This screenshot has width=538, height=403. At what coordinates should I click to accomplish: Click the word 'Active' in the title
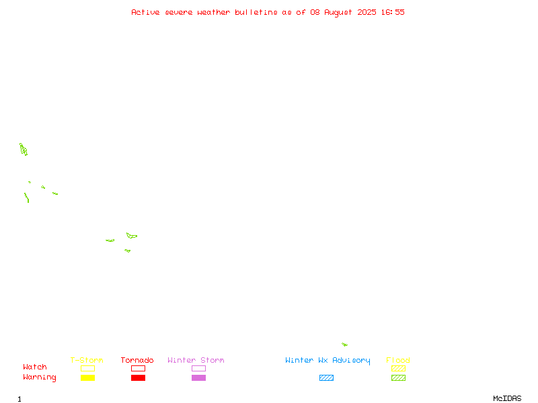(x=145, y=12)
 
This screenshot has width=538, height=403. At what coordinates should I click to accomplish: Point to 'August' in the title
(x=338, y=13)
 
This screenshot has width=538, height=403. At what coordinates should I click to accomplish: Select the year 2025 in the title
(x=367, y=12)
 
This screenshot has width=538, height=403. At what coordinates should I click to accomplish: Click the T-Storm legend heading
(x=87, y=360)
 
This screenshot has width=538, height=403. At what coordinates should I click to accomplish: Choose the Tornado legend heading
(x=137, y=360)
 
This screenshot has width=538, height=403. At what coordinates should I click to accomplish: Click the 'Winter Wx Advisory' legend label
(x=328, y=361)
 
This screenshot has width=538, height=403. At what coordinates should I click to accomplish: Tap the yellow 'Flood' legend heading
(x=398, y=360)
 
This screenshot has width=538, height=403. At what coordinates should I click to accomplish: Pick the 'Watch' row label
(x=35, y=367)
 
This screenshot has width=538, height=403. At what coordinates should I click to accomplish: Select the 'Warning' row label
(x=40, y=377)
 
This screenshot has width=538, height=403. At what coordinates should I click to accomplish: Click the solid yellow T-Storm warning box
(x=88, y=377)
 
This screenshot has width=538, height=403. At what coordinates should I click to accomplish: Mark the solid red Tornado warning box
(x=139, y=377)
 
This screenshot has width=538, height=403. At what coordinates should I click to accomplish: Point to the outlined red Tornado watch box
(x=139, y=365)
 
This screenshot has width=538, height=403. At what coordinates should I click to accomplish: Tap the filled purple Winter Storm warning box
(x=198, y=377)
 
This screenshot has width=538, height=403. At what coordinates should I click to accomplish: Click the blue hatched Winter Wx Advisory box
(x=326, y=377)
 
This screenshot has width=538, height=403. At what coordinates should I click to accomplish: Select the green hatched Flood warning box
(x=398, y=377)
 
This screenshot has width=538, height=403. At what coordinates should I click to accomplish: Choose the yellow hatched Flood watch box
(x=398, y=368)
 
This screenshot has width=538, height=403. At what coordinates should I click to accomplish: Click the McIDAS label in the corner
(x=507, y=398)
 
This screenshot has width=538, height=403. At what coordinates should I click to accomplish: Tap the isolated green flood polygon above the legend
(x=344, y=345)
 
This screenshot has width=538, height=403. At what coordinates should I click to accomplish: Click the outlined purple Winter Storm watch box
(x=198, y=365)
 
